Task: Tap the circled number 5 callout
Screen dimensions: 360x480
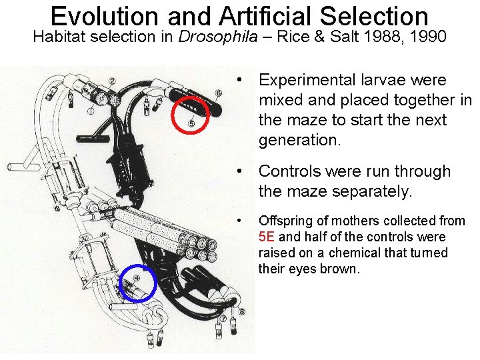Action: click(x=192, y=123)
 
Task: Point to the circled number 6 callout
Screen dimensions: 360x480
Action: click(x=219, y=93)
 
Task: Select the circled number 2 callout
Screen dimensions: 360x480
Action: click(x=112, y=82)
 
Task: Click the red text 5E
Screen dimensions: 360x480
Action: click(x=267, y=237)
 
